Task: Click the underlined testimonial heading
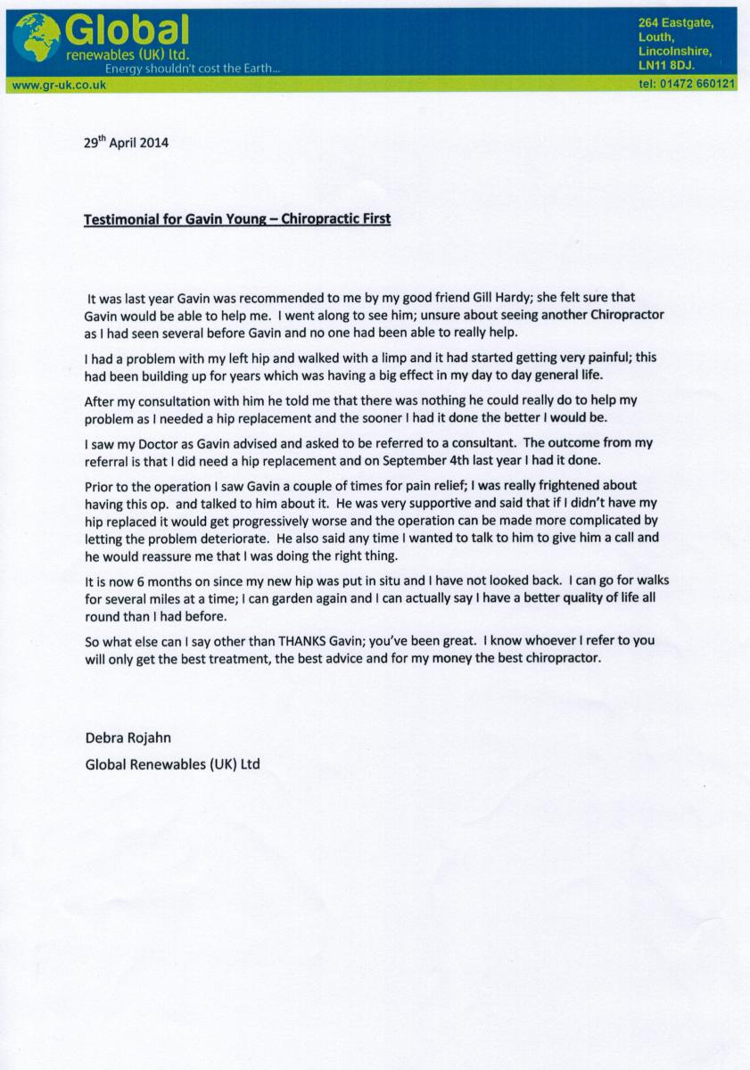(236, 218)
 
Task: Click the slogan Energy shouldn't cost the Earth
(192, 69)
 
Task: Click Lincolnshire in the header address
(675, 51)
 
